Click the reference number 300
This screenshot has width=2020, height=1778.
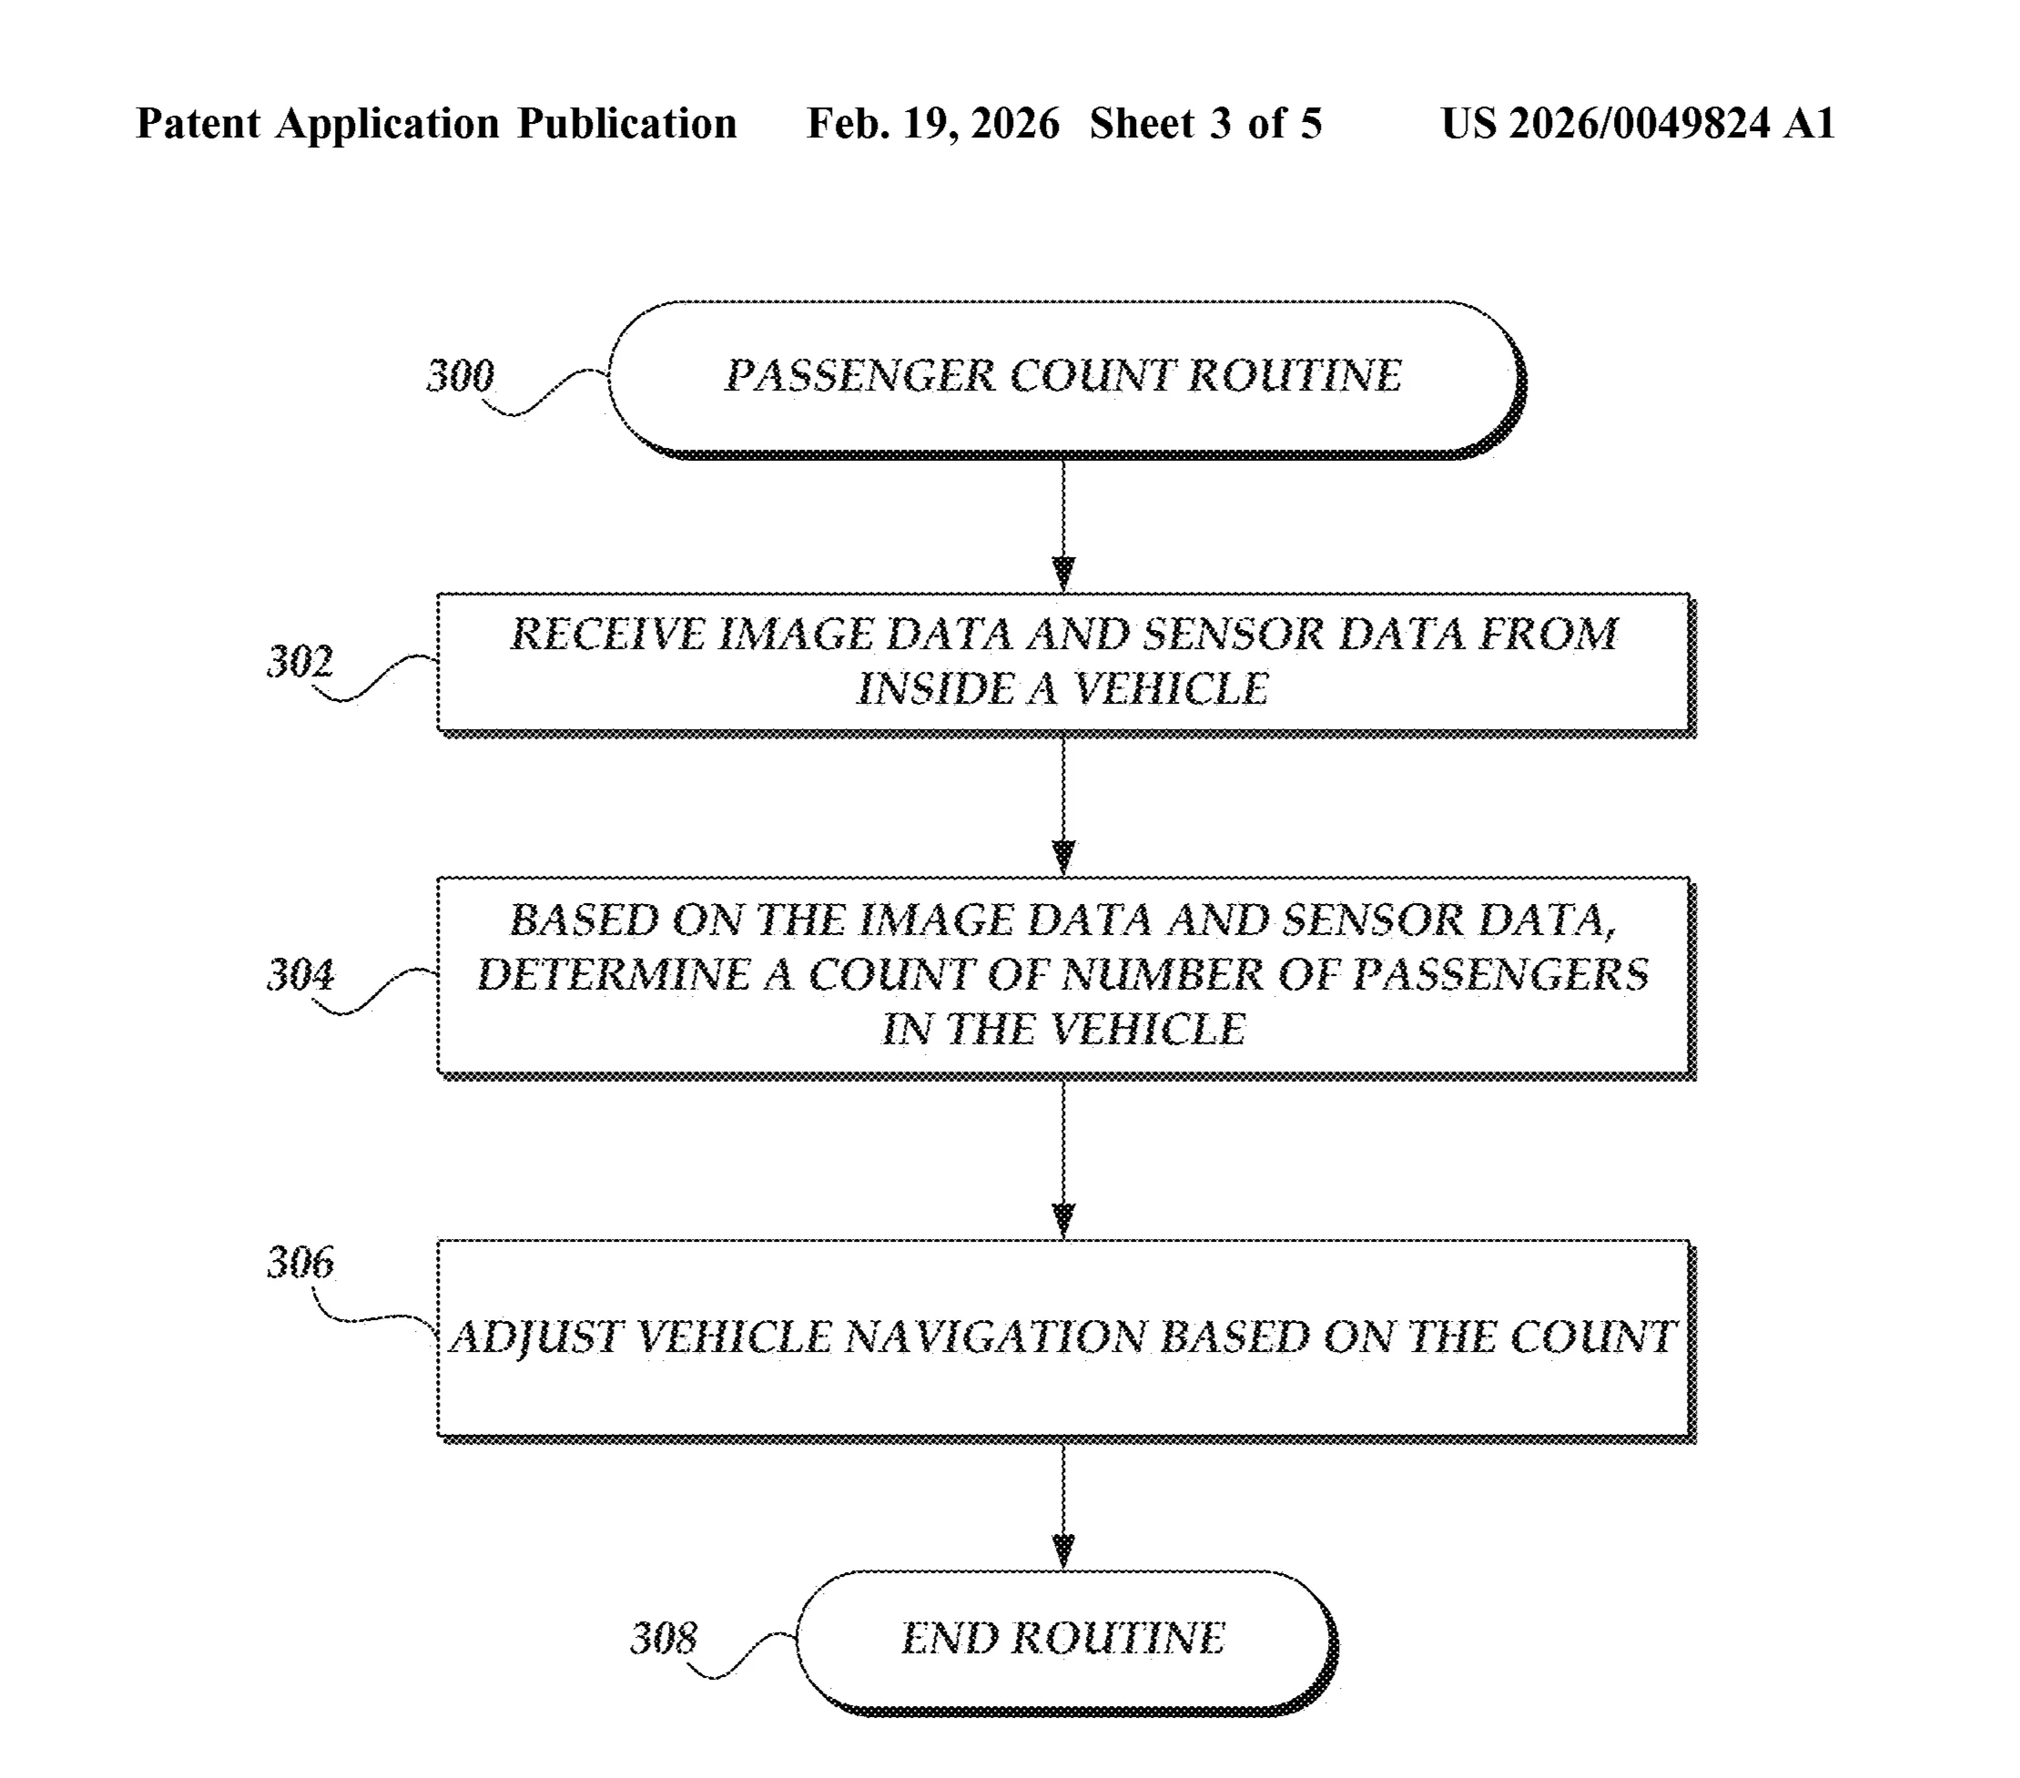(x=460, y=376)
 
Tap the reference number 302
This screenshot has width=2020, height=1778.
(x=300, y=661)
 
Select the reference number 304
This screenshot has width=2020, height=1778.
(x=300, y=975)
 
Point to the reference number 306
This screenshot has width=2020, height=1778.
(x=300, y=1262)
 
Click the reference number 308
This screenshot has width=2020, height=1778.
(x=663, y=1638)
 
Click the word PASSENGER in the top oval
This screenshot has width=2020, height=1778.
(x=858, y=376)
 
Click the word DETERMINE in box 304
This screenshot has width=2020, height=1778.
(x=613, y=975)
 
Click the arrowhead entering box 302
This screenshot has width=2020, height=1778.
(x=1063, y=574)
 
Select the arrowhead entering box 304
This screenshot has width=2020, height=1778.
(x=1063, y=857)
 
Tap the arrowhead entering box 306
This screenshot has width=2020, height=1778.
(x=1063, y=1220)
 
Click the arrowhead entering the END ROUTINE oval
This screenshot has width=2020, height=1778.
(x=1063, y=1550)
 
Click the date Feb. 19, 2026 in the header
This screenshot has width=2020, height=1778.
(x=932, y=124)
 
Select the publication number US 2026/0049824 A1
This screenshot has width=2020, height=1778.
(x=1638, y=124)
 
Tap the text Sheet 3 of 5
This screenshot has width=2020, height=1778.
(x=1204, y=124)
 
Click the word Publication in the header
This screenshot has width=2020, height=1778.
(x=626, y=124)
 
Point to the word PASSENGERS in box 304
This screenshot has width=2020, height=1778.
(x=1500, y=975)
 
